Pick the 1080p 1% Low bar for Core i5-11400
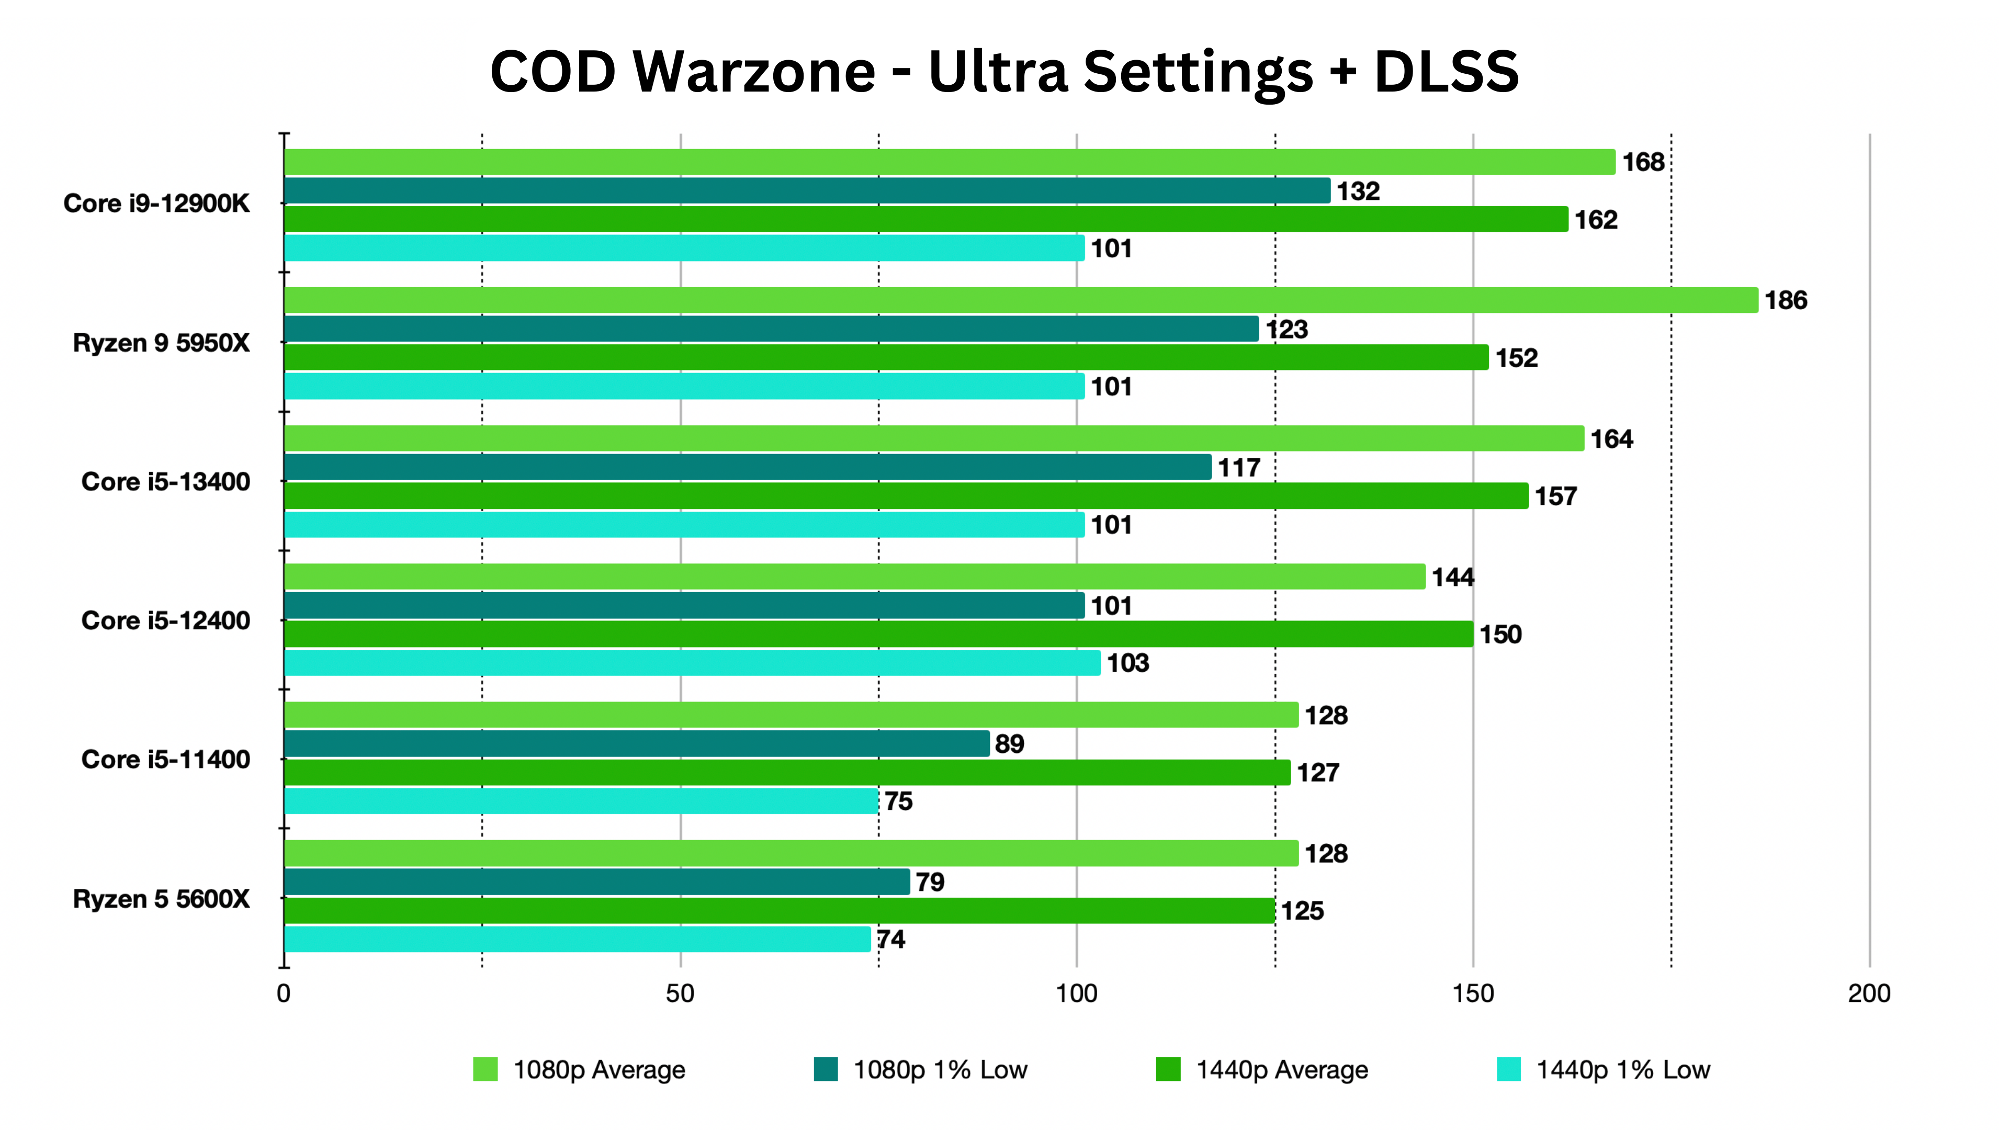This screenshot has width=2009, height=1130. [636, 744]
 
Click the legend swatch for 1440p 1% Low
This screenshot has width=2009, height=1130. [1508, 1069]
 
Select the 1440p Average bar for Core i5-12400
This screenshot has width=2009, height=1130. [878, 634]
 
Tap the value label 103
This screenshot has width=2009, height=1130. [1128, 663]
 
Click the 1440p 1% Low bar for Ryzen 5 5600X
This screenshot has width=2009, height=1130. [577, 940]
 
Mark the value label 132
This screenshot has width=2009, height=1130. [1358, 191]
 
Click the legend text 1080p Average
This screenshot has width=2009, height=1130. [599, 1070]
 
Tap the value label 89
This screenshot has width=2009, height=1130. [1009, 744]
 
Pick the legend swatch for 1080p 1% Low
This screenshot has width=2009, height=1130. [825, 1069]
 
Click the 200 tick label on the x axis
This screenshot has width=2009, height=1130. [1869, 993]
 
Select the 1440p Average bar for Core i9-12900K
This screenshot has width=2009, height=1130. [925, 219]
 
